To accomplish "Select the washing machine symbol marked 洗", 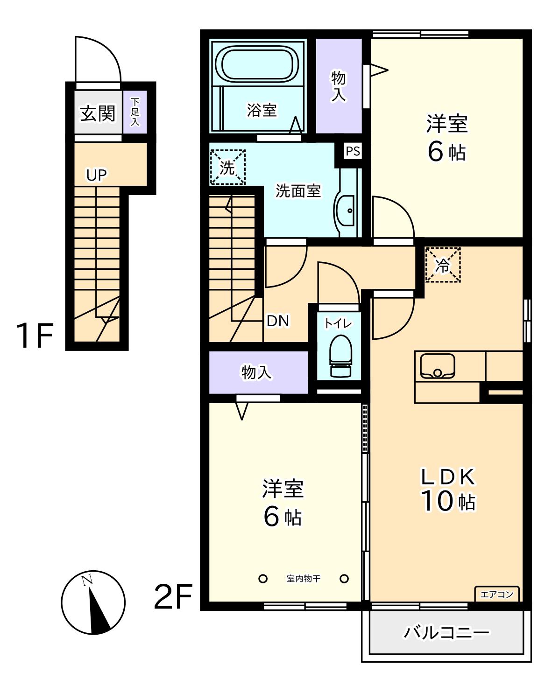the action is click(227, 167).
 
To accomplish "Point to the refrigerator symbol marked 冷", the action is click(443, 265).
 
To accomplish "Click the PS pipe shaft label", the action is click(353, 151).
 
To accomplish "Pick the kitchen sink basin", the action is click(437, 366).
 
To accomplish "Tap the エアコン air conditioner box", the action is click(497, 594).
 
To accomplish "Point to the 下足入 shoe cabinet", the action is click(135, 112).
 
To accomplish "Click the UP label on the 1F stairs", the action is click(97, 175).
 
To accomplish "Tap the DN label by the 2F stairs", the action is click(278, 321).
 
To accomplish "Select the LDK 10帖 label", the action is click(448, 490).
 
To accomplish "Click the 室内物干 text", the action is click(303, 579).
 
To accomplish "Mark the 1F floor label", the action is click(35, 336).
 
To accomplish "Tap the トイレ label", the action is click(338, 323).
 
